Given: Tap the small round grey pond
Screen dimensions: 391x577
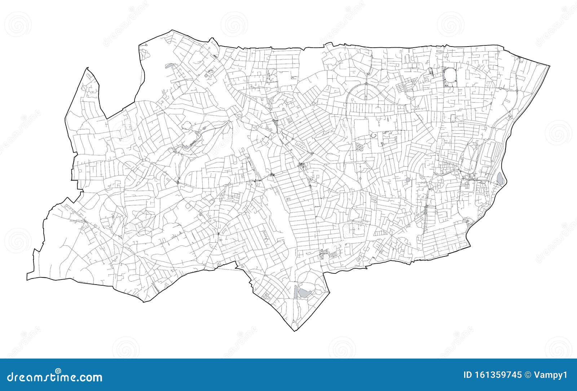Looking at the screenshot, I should click(408, 180).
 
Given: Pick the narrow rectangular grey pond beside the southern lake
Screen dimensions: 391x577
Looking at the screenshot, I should click(296, 291).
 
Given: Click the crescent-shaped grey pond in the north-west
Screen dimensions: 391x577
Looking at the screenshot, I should click(169, 66).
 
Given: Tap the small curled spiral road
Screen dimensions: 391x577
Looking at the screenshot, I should click(373, 136).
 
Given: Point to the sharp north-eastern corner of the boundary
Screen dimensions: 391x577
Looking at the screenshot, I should click(550, 66).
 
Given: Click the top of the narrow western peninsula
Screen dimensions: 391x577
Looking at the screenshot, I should click(87, 68).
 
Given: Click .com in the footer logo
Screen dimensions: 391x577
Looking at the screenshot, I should click(89, 377).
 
